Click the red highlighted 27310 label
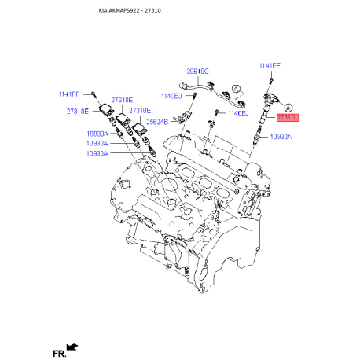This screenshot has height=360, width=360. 287,117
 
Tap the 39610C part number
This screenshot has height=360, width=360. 197,71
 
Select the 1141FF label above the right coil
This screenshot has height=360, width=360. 270,65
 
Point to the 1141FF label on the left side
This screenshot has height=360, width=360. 69,94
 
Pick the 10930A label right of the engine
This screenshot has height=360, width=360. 281,137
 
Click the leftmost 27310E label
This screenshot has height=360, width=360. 77,112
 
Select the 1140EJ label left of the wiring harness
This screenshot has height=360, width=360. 171,95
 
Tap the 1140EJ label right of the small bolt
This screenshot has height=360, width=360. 239,113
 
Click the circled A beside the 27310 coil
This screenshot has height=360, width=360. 288,106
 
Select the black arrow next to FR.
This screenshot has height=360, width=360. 74,346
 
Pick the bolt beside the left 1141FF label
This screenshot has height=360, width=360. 93,94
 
